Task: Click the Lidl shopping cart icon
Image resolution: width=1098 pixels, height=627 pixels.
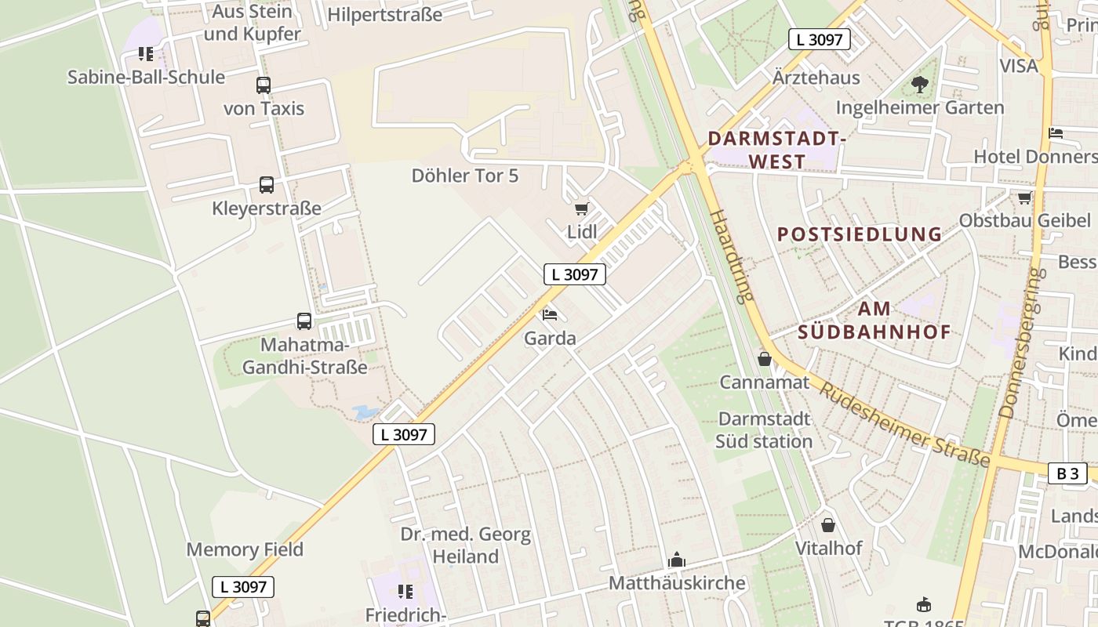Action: click(x=581, y=208)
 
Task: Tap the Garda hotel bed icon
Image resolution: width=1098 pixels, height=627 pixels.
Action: click(x=550, y=315)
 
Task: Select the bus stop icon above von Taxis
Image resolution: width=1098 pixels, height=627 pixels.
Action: click(x=264, y=85)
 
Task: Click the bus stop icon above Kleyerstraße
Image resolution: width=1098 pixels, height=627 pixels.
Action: click(x=267, y=186)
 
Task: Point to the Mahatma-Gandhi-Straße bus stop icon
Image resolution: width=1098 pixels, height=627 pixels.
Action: click(x=304, y=321)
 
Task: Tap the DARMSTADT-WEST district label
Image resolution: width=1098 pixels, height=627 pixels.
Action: click(x=776, y=150)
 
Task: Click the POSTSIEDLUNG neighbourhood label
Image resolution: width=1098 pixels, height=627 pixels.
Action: click(x=860, y=234)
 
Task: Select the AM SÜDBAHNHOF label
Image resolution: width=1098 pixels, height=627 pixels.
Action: click(x=874, y=320)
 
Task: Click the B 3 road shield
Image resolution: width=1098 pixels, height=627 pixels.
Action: click(x=1067, y=473)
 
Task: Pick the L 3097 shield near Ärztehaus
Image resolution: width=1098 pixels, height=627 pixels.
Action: click(x=820, y=39)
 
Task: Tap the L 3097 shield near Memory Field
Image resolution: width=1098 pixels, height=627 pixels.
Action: click(x=243, y=586)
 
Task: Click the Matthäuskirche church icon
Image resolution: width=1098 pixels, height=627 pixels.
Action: click(x=676, y=560)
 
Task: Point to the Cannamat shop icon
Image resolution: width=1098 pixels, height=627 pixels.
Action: click(x=765, y=360)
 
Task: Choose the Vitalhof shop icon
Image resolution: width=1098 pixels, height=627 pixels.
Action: click(x=828, y=525)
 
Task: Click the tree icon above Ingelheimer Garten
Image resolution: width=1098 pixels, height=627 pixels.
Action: click(x=920, y=84)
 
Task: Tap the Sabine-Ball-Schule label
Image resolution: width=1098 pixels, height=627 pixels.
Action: click(x=146, y=77)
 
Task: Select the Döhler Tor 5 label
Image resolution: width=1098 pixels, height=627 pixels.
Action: click(x=465, y=176)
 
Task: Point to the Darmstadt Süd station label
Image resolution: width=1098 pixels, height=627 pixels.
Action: click(x=764, y=429)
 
